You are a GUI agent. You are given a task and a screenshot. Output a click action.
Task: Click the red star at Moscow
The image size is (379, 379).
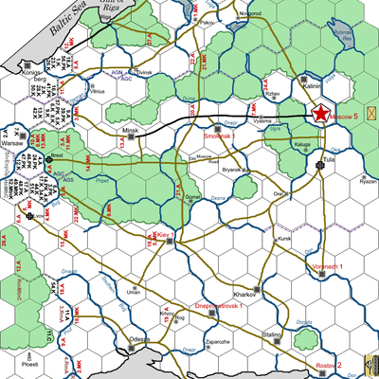pos(320,114)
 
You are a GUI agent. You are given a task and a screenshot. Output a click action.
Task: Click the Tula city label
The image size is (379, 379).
pos(330,161)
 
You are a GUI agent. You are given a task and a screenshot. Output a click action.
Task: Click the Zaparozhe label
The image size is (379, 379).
pos(217,340)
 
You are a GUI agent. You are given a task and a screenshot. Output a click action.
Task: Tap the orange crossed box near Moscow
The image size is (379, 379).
pos(370,113)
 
